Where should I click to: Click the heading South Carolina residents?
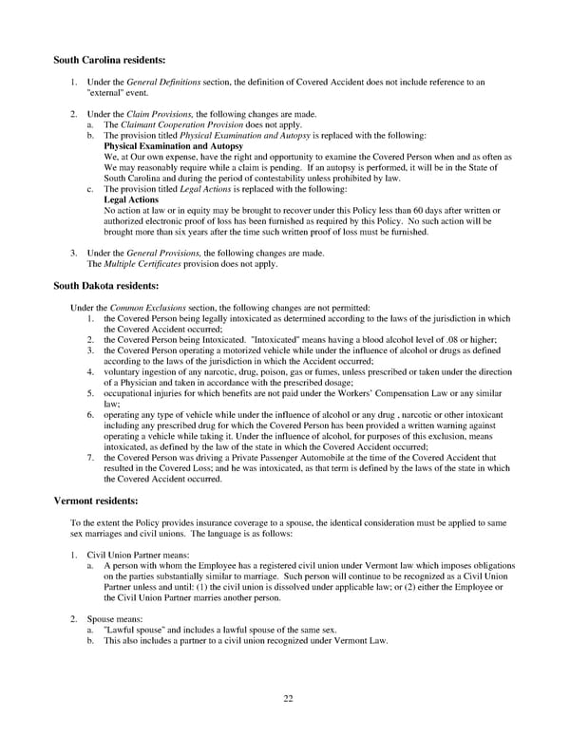109,60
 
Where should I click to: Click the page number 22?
288,699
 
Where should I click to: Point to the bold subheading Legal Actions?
130,201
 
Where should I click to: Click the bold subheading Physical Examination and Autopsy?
173,147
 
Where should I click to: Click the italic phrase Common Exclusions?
142,308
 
